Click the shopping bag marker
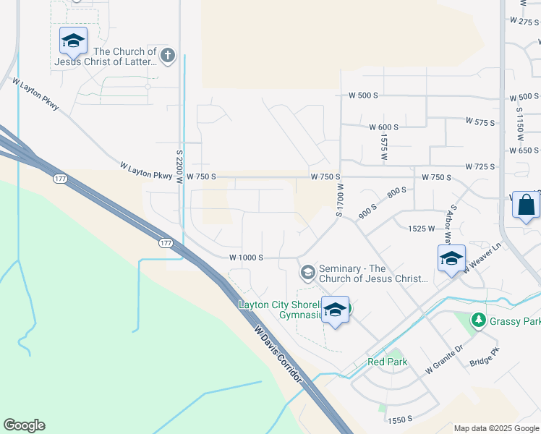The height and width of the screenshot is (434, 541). click(x=526, y=205)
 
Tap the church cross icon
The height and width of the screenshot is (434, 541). click(x=168, y=56)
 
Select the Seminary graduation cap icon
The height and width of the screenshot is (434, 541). click(x=307, y=272)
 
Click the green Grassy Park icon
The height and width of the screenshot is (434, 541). click(x=477, y=320)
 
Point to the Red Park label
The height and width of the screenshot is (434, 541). click(x=387, y=362)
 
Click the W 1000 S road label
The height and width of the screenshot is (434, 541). click(x=246, y=258)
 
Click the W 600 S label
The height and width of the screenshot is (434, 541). click(x=383, y=127)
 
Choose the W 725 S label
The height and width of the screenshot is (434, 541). click(x=481, y=166)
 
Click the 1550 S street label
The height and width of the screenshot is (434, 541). click(x=399, y=419)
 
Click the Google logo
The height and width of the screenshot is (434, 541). click(x=24, y=425)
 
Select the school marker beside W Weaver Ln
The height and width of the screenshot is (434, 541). click(x=451, y=259)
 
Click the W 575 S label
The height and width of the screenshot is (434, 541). click(x=480, y=121)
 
